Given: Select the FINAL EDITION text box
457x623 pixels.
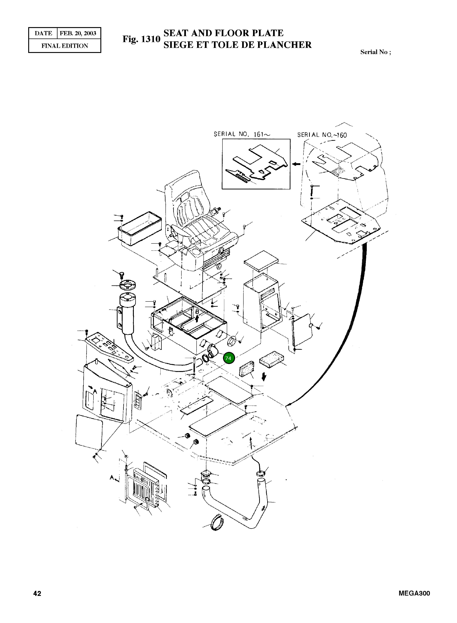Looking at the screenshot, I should pyautogui.click(x=65, y=46).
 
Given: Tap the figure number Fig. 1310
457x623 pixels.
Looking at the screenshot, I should pyautogui.click(x=141, y=39).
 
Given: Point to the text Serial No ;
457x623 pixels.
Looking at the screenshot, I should pyautogui.click(x=375, y=52).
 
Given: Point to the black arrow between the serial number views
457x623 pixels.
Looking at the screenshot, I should pyautogui.click(x=297, y=164).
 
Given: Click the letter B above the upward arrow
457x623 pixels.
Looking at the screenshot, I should pyautogui.click(x=197, y=312).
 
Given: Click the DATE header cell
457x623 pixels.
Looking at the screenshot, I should pyautogui.click(x=43, y=33).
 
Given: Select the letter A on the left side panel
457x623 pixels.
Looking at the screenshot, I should pyautogui.click(x=95, y=391).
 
